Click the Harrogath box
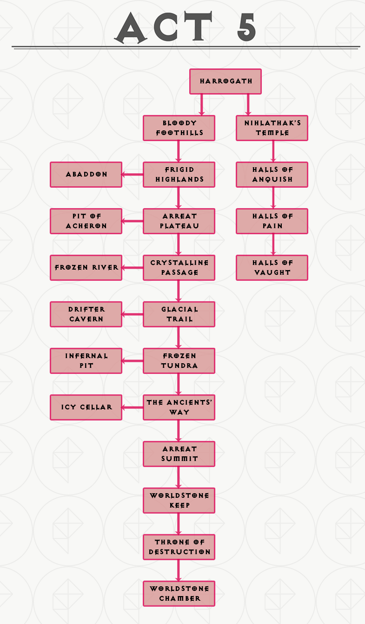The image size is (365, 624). [226, 81]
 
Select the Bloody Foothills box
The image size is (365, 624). [179, 128]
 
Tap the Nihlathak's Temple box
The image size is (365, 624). [272, 128]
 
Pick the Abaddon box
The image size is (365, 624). [86, 174]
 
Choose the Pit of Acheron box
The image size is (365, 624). [86, 221]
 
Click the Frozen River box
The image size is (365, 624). [86, 267]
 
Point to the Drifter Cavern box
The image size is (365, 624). [86, 314]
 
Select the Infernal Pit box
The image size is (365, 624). [86, 360]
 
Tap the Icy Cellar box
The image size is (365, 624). [86, 407]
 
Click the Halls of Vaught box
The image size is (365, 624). [272, 267]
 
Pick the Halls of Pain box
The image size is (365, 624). [272, 221]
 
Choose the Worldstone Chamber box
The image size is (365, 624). [179, 593]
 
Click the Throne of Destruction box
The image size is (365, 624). [179, 547]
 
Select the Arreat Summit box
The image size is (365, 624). [179, 454]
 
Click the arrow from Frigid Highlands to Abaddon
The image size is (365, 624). [133, 175]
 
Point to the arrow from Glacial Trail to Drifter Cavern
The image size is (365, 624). [133, 314]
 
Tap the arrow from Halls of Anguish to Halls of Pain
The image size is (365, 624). [273, 198]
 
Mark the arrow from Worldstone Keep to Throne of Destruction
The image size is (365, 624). [178, 524]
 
